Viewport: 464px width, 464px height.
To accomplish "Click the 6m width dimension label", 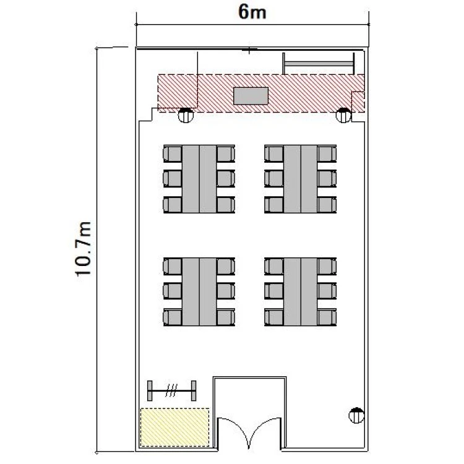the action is [x=252, y=12].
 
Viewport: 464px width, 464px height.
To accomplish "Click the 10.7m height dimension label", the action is [x=83, y=249].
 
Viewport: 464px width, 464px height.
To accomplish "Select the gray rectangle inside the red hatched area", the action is [x=251, y=96].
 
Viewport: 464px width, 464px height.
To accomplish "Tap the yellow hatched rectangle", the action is [x=174, y=427].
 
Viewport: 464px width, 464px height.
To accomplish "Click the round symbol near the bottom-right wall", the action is [x=356, y=416].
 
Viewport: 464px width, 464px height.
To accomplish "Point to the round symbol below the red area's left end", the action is [x=186, y=115].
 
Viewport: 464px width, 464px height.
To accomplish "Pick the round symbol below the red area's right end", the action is [x=343, y=115].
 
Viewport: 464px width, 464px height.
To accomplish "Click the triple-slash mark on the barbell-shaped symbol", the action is [x=171, y=390].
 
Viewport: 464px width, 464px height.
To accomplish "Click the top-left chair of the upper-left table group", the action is [x=172, y=153].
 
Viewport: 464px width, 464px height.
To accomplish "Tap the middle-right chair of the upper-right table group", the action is [x=327, y=179].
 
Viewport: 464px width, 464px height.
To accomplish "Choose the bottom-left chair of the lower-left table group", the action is [x=172, y=317].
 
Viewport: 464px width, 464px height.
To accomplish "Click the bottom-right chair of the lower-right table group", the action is [x=327, y=317].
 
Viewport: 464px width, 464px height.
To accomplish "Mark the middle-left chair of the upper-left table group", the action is [x=172, y=179].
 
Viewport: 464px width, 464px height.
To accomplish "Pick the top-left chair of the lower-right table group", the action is [x=273, y=266].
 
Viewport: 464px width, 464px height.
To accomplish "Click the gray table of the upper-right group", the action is [x=300, y=179].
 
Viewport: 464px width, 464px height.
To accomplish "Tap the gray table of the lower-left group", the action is [x=199, y=292].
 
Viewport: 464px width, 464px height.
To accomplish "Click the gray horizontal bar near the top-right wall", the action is [x=319, y=64].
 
